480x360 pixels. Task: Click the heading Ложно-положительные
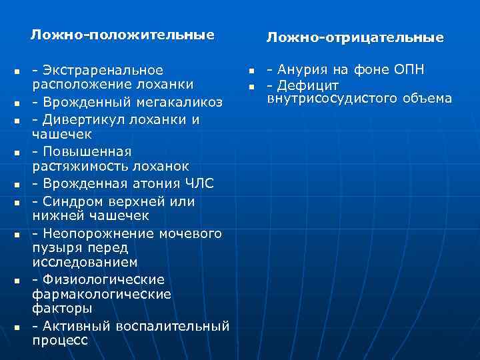(x=123, y=34)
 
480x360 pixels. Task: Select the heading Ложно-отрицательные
(x=355, y=38)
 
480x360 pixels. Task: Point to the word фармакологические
(x=101, y=294)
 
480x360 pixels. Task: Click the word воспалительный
(x=173, y=326)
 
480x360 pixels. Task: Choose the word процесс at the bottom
(x=60, y=340)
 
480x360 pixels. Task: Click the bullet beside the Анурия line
(x=253, y=71)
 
